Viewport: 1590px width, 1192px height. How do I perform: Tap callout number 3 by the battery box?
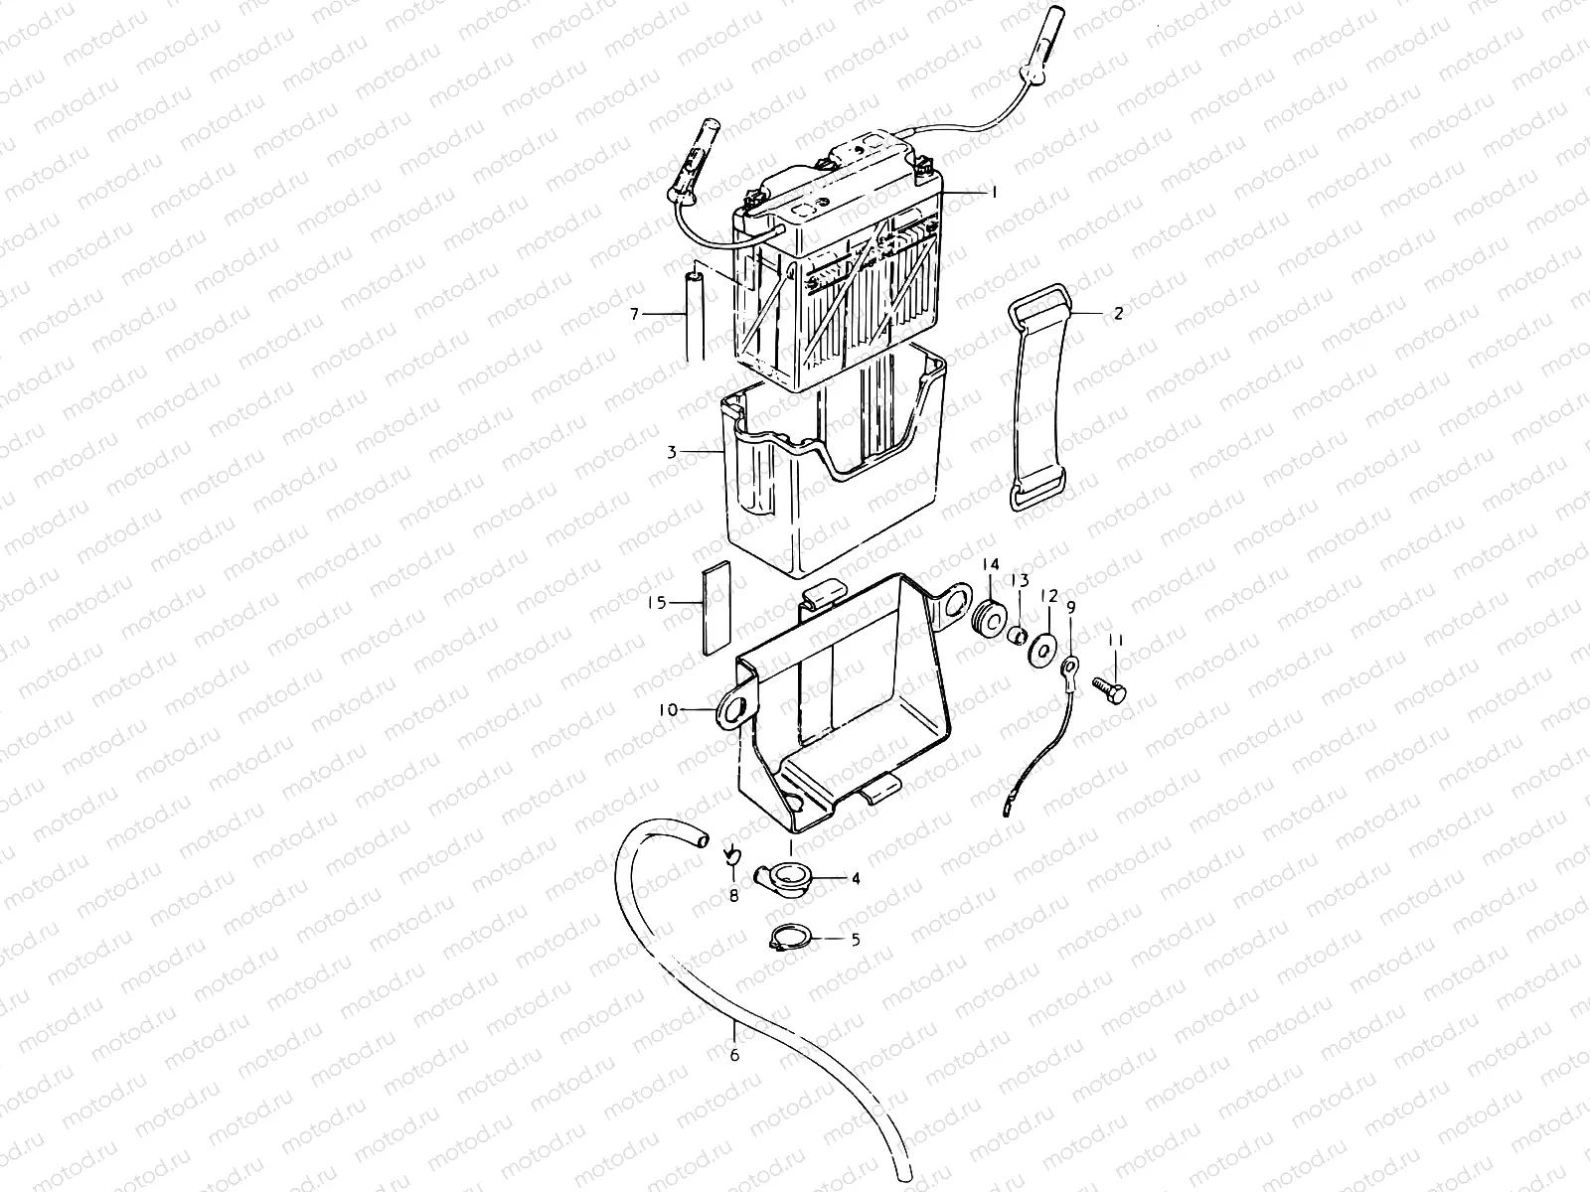(672, 452)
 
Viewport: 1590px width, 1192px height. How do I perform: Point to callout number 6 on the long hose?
(734, 1055)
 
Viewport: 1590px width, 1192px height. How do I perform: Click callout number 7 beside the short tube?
(634, 315)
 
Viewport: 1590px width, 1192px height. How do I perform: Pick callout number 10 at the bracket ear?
(668, 710)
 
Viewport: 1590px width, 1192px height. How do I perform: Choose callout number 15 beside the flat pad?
(653, 602)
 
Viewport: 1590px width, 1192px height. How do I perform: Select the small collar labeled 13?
(1017, 636)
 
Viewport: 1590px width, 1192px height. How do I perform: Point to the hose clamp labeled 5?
(792, 937)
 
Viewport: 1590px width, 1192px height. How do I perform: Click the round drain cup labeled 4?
(790, 877)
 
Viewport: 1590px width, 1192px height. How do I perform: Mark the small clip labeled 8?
(730, 853)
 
